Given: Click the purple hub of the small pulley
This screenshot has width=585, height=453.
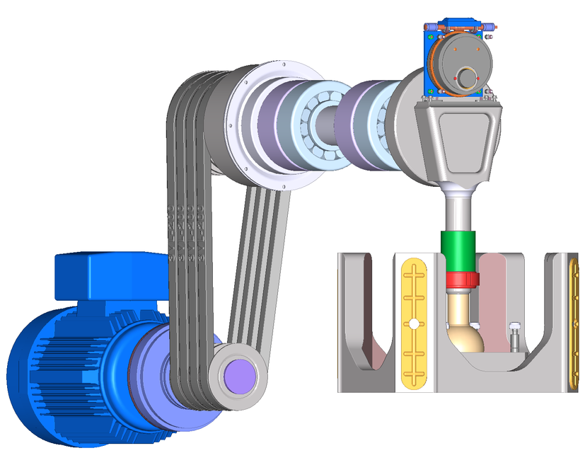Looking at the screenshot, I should click(240, 372).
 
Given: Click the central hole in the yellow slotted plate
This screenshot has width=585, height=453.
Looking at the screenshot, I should click(412, 324).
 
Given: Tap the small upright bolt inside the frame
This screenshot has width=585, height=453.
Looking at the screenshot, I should click(514, 336).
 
